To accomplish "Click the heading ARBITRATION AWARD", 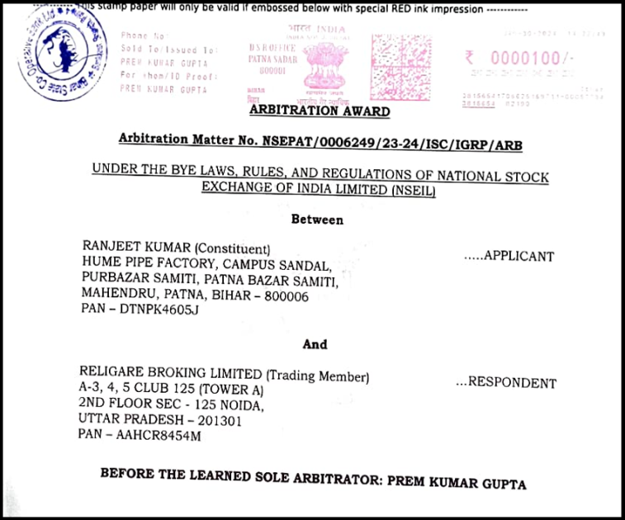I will click(320, 111).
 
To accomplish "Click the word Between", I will click(317, 220).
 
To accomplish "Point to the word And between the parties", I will click(315, 343).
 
